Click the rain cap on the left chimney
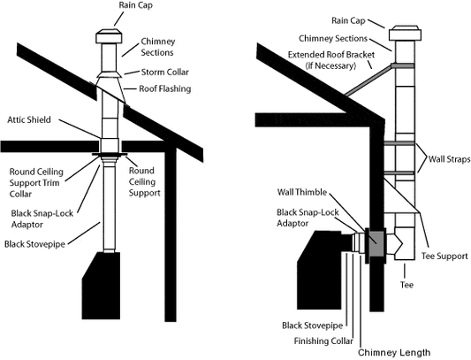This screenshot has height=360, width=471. click(109, 36)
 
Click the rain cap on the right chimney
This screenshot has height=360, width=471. click(405, 33)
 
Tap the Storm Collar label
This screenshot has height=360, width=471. click(165, 73)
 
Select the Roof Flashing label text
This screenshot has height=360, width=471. click(165, 88)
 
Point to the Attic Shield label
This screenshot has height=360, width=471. click(29, 119)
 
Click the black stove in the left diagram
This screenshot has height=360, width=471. click(102, 286)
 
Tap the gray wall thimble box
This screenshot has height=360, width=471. click(376, 244)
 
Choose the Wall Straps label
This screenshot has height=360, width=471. click(449, 159)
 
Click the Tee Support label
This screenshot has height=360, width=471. click(444, 257)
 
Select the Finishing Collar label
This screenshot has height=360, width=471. click(323, 341)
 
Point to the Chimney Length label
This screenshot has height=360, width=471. click(394, 352)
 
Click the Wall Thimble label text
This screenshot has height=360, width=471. click(302, 192)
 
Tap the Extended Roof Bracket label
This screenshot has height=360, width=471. click(331, 60)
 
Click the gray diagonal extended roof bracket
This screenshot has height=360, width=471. click(368, 80)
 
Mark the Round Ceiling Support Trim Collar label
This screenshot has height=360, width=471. click(36, 183)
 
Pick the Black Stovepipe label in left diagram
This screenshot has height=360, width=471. click(34, 244)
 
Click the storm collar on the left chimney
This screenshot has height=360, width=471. click(110, 74)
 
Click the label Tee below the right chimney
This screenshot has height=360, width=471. click(406, 285)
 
